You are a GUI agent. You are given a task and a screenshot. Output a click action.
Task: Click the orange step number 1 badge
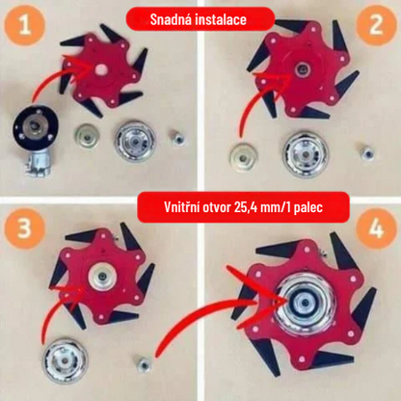point(24,25)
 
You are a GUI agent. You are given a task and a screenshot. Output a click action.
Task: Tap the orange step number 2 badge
point(377,24)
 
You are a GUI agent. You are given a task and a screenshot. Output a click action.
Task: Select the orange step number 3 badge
point(24,228)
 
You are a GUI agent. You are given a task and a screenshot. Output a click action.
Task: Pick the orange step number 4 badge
point(377,228)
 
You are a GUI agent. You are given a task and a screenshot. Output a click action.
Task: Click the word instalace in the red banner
point(221,19)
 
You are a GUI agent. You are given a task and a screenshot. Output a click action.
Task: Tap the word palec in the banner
point(308,208)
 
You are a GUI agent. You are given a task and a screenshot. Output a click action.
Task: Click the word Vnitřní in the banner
point(181,207)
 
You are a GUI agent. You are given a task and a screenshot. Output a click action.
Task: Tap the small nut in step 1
point(177,140)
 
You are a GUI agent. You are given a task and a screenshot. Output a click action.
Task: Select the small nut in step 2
point(367,153)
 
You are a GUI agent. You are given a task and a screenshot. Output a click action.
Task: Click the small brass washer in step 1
point(87,136)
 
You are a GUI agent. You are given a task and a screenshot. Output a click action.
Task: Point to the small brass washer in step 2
point(244,158)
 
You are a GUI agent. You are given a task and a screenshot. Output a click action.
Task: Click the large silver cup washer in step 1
point(136,141)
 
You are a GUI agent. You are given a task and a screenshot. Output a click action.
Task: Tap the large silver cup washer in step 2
point(306,154)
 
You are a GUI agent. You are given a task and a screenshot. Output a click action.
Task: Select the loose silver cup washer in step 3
point(66,361)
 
